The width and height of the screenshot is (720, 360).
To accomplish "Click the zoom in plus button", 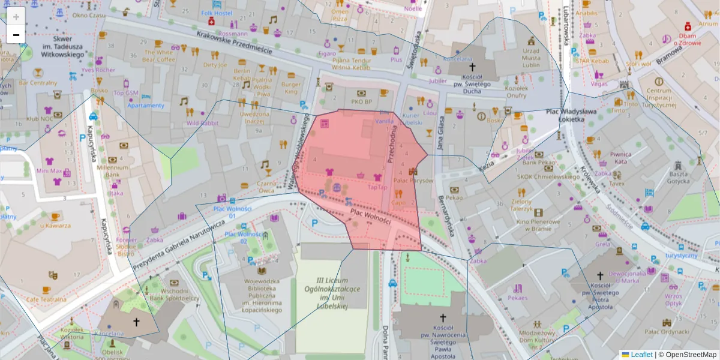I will point(16,17).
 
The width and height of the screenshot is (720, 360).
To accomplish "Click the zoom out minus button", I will point(16,35).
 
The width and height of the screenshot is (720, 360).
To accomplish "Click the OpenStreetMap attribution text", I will point(691,355).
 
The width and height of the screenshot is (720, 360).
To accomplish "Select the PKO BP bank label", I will point(361,102).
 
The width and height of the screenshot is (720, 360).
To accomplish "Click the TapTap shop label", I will point(377,187).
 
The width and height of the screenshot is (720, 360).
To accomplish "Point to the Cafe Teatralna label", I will point(53,299).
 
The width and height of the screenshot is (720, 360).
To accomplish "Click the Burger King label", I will point(291,88).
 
